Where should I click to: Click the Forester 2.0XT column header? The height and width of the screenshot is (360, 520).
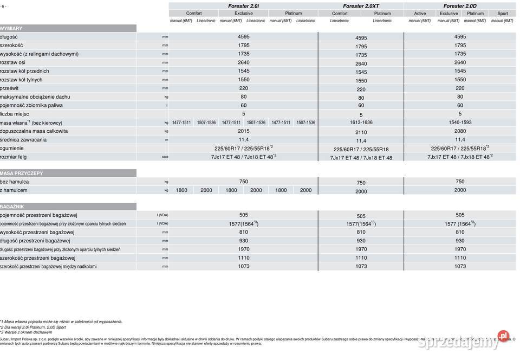[361, 6]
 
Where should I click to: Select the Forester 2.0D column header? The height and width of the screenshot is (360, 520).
[460, 6]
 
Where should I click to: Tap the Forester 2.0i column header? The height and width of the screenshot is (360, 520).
[243, 6]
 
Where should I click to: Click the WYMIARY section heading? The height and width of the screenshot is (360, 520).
[11, 28]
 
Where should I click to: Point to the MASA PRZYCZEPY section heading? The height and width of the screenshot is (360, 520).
[22, 173]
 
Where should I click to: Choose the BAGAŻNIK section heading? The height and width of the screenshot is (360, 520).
[12, 207]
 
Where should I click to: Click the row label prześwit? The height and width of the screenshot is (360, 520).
[10, 88]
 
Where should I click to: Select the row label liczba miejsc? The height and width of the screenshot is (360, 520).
[14, 114]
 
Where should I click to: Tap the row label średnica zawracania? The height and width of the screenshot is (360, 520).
[23, 140]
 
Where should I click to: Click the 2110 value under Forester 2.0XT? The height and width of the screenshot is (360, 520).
[361, 132]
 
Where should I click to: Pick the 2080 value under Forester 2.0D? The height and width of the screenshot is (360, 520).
[460, 131]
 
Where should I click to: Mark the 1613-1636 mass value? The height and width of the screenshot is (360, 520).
[361, 123]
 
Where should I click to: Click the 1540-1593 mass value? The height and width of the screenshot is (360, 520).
[460, 123]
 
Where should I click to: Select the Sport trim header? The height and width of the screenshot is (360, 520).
[503, 14]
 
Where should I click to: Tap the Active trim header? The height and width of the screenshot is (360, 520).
[420, 14]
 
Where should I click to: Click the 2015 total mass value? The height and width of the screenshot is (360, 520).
[243, 131]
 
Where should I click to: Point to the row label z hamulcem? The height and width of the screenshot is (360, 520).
[14, 190]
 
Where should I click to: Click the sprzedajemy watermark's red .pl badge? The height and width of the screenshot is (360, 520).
[503, 336]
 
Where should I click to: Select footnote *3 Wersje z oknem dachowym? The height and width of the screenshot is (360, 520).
[26, 332]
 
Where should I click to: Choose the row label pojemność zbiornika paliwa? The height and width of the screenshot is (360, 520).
[31, 105]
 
